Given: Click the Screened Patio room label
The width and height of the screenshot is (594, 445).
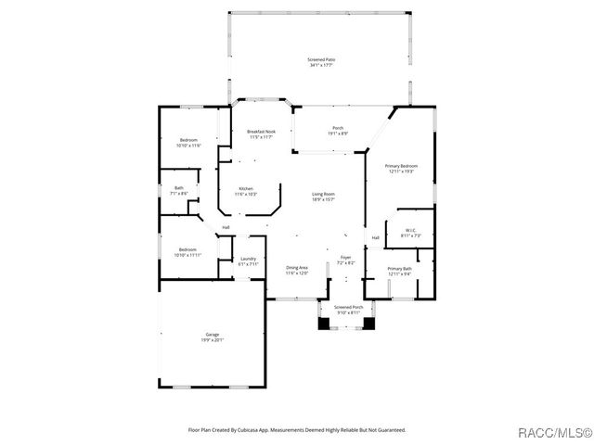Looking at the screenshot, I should pyautogui.click(x=321, y=62).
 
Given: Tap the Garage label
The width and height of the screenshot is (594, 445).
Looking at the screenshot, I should pyautogui.click(x=213, y=337).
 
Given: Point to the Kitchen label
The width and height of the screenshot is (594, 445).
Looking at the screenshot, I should pyautogui.click(x=246, y=191).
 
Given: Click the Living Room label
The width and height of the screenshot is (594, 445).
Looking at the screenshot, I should pyautogui.click(x=323, y=197).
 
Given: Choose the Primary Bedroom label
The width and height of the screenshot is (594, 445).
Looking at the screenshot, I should pyautogui.click(x=402, y=168).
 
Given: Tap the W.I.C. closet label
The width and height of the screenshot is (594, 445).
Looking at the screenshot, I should pyautogui.click(x=410, y=233).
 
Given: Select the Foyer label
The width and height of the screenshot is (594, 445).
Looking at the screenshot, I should pyautogui.click(x=344, y=261).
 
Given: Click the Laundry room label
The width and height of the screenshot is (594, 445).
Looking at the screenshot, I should pyautogui.click(x=248, y=261).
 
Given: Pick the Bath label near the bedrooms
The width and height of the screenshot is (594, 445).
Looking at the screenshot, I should pyautogui.click(x=179, y=191).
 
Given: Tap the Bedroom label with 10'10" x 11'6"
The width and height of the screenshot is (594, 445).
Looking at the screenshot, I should pyautogui.click(x=188, y=143).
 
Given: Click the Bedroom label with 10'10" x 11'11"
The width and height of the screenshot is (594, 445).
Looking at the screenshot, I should pyautogui.click(x=188, y=252).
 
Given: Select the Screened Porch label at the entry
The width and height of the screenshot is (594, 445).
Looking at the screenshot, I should pyautogui.click(x=348, y=309).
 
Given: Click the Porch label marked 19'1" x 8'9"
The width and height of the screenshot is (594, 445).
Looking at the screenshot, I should pyautogui.click(x=338, y=131).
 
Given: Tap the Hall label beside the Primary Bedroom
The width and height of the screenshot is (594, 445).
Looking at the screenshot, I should pyautogui.click(x=376, y=238).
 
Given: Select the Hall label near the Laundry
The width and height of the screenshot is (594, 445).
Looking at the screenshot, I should pyautogui.click(x=226, y=227).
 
